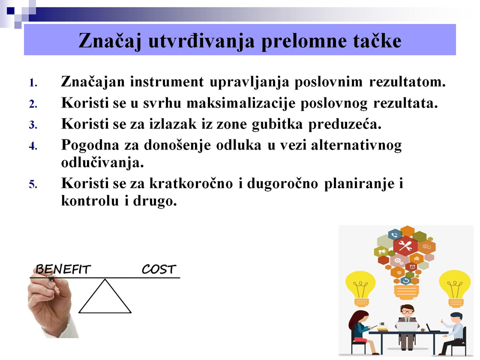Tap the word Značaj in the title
(x=110, y=41)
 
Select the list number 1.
(x=33, y=83)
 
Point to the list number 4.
(x=33, y=146)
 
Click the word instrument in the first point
(x=167, y=81)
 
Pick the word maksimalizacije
(x=241, y=103)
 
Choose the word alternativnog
(x=356, y=145)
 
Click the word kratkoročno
(x=191, y=183)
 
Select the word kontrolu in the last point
(x=90, y=201)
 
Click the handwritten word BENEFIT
(x=63, y=269)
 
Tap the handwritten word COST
(x=159, y=269)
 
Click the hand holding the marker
(x=50, y=306)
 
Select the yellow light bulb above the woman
(x=360, y=288)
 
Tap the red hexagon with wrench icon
(x=405, y=245)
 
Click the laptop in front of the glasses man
(x=407, y=326)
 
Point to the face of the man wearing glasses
(x=407, y=311)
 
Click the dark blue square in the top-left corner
(x=10, y=11)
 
